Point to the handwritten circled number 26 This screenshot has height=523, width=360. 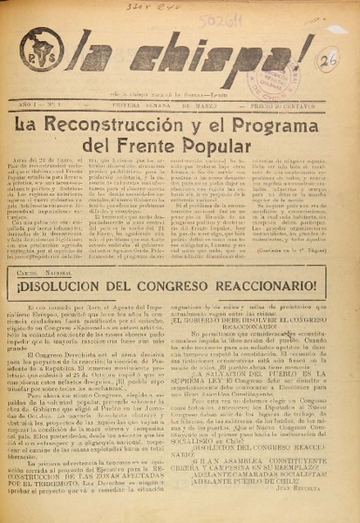coord(328,60)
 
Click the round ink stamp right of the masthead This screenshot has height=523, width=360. coord(327,59)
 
